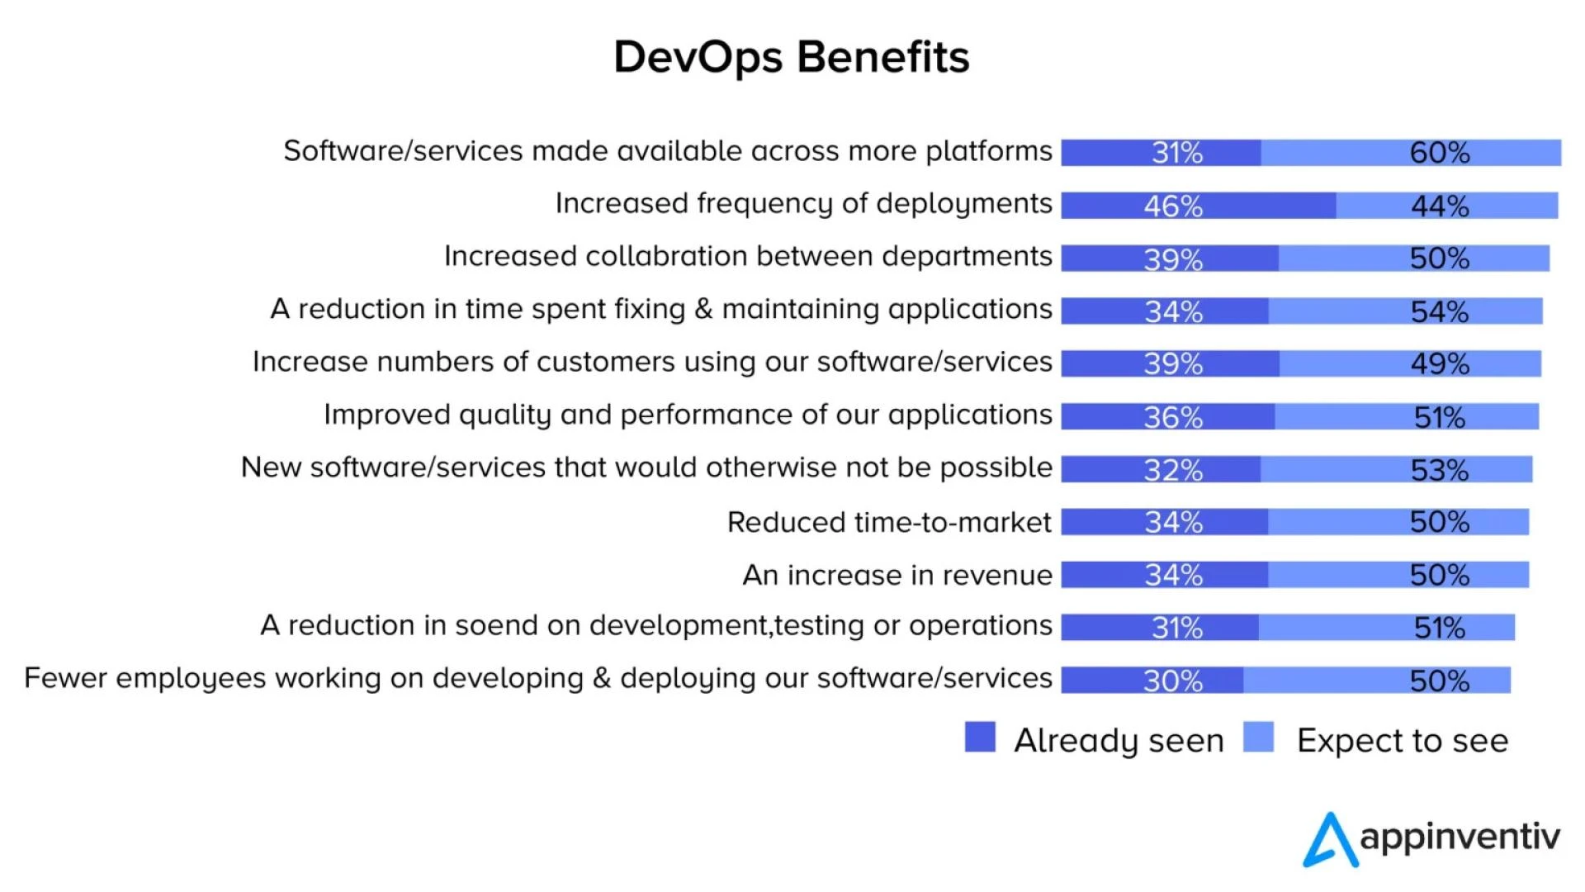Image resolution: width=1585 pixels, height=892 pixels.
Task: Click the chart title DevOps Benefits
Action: (792, 57)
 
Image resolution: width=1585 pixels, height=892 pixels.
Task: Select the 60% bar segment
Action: (1411, 153)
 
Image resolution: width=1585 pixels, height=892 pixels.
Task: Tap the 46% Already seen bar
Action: (1198, 206)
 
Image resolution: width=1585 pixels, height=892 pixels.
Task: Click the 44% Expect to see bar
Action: (1446, 206)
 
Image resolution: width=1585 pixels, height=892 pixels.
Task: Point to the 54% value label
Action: (1440, 311)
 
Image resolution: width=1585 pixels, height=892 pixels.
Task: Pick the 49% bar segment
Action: (1410, 363)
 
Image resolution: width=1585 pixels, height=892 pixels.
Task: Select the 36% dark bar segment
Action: (1167, 417)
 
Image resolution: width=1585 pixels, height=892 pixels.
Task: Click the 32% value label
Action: (1173, 470)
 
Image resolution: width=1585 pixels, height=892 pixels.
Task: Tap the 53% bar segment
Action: (1396, 470)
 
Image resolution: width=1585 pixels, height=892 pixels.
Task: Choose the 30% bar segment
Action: (1152, 681)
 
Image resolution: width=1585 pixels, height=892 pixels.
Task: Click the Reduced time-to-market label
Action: (889, 523)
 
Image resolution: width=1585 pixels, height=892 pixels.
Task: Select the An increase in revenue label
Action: (897, 575)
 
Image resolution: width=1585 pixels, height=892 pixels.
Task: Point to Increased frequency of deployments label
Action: (803, 203)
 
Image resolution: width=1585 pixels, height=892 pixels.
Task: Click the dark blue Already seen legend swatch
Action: (980, 737)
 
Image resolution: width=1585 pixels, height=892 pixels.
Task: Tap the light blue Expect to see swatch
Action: (1258, 737)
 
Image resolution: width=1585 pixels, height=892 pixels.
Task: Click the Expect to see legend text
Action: (1403, 741)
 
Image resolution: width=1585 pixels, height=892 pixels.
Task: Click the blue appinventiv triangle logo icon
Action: (1330, 841)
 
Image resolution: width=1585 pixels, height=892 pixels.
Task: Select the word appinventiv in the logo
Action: (1460, 837)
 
